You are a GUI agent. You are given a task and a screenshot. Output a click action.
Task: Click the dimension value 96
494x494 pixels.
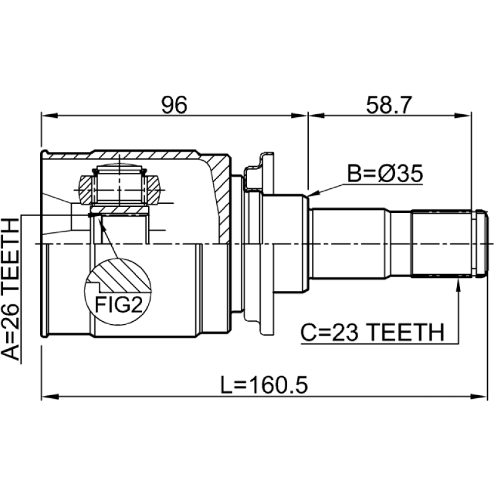click(174, 104)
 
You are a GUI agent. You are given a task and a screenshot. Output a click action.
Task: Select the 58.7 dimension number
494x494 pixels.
click(389, 104)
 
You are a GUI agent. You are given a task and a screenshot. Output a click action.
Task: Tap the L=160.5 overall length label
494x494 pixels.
click(264, 385)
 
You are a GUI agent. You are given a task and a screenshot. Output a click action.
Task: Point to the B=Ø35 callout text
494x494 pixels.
click(385, 174)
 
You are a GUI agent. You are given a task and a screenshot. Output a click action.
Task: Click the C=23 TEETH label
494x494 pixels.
click(372, 332)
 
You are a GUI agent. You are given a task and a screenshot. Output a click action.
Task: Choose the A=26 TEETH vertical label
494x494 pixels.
click(10, 289)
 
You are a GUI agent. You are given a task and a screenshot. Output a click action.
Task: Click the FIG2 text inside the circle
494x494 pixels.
click(119, 304)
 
